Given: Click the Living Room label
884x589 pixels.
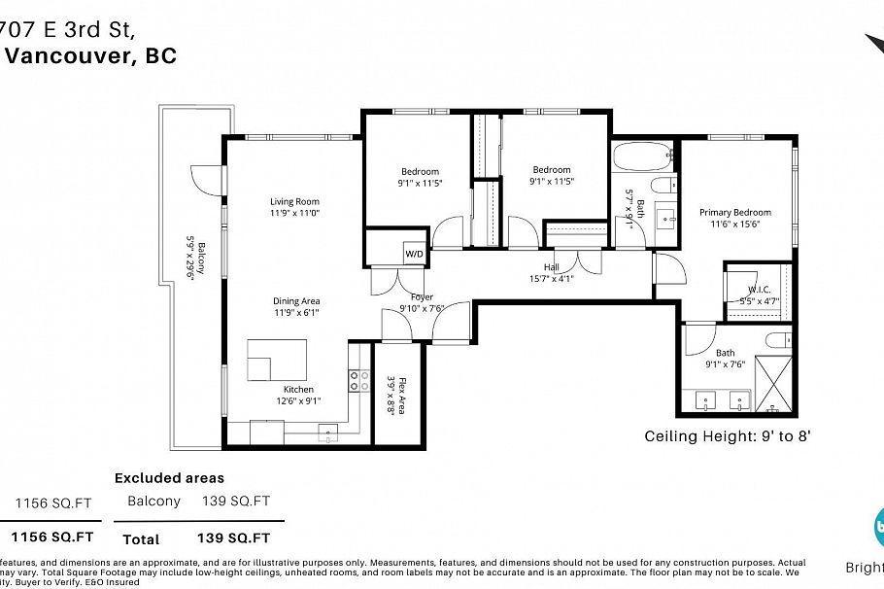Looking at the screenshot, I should coord(294,202).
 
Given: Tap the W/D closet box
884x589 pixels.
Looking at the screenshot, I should coord(414,254).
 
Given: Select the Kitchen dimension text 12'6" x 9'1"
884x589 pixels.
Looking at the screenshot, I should coord(298,400).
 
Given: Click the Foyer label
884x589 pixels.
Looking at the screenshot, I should coord(422,297).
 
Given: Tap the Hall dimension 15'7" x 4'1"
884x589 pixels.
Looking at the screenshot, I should coord(551,278).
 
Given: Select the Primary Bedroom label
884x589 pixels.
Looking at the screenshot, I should coord(735,213).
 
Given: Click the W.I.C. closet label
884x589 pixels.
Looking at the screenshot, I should coord(759,290).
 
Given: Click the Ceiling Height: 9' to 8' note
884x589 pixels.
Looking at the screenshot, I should coord(727,436).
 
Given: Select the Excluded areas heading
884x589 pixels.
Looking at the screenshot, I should coord(169,478).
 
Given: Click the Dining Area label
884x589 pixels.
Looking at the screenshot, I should coord(296,301).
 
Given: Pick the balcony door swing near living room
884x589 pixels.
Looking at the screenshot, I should coord(208,181).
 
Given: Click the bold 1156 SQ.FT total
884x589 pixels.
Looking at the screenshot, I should coord(52,537).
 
